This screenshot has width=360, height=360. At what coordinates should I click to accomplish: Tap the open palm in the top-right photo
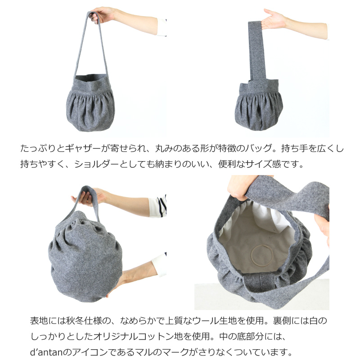point(275,20)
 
